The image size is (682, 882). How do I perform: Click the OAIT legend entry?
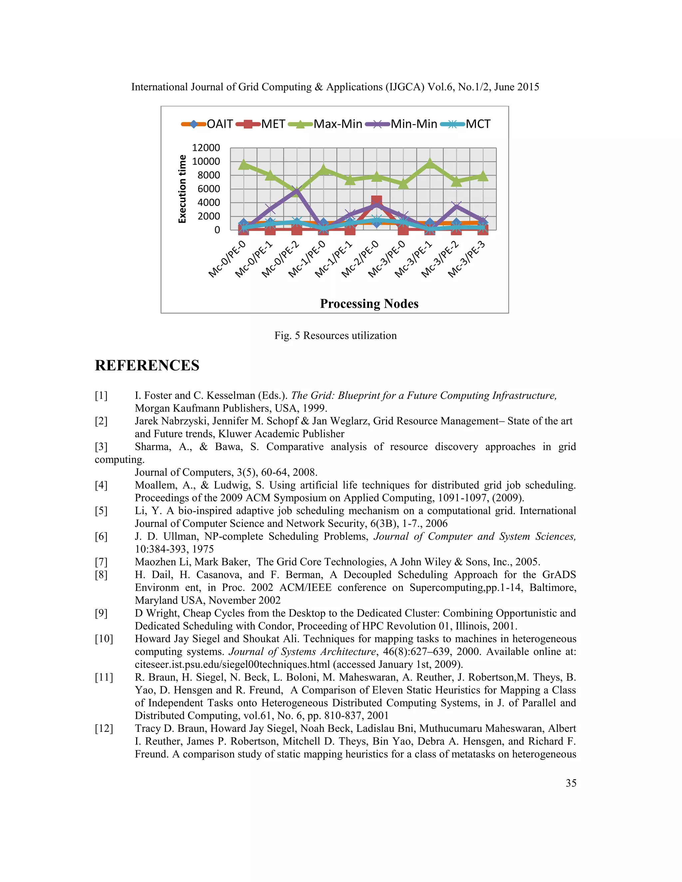click(207, 124)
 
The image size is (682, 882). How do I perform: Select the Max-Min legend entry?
click(325, 124)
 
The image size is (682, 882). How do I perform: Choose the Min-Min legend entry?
click(401, 124)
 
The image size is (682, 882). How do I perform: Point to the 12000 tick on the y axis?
click(206, 148)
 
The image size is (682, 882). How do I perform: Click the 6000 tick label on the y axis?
click(208, 189)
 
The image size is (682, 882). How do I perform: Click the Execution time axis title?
click(182, 189)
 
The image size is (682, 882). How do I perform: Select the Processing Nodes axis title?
click(369, 304)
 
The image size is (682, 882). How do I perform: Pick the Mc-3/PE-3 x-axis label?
click(467, 259)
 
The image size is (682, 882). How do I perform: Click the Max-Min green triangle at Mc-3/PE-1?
click(430, 163)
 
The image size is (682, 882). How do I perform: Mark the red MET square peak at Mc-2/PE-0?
click(377, 201)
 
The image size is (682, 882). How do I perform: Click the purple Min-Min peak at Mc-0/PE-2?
click(297, 190)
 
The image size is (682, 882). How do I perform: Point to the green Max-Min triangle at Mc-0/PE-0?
click(244, 164)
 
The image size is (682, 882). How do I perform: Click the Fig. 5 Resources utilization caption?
click(335, 335)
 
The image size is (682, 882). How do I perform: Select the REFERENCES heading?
click(147, 365)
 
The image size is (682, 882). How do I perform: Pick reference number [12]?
click(104, 729)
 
